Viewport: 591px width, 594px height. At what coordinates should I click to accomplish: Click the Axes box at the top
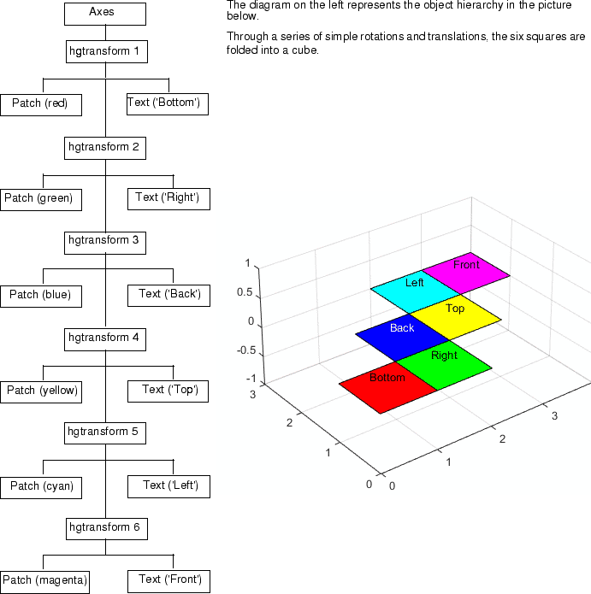click(x=105, y=14)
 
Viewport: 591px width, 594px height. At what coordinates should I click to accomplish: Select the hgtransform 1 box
click(x=107, y=51)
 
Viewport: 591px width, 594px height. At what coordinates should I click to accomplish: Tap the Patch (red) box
click(x=41, y=105)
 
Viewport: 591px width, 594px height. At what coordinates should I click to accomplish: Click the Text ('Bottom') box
click(x=168, y=104)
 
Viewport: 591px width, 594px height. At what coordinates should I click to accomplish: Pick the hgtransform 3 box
click(x=105, y=243)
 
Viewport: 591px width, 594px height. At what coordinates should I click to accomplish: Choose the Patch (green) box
click(x=41, y=200)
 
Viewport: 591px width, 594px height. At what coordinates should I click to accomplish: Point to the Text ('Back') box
click(x=168, y=296)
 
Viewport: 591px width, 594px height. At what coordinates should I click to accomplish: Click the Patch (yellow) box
click(x=41, y=392)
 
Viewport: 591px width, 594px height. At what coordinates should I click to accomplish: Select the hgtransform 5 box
click(x=105, y=433)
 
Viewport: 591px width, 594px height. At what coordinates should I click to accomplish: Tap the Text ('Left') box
click(x=168, y=487)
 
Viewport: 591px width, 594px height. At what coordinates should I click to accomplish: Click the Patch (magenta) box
click(x=44, y=582)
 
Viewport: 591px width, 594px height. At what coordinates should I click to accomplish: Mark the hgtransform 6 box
click(x=107, y=529)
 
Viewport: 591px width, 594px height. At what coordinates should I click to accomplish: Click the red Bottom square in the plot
click(x=387, y=387)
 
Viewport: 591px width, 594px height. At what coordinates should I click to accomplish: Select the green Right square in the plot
click(x=444, y=365)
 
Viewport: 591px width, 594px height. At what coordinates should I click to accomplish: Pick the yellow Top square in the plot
click(x=456, y=316)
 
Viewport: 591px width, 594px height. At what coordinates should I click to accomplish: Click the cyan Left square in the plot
click(x=415, y=291)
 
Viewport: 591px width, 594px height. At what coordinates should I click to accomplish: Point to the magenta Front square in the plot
click(x=466, y=273)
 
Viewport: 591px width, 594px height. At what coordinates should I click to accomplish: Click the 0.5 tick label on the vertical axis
click(x=245, y=292)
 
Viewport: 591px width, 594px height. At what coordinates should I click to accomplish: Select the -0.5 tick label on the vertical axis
click(x=246, y=350)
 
